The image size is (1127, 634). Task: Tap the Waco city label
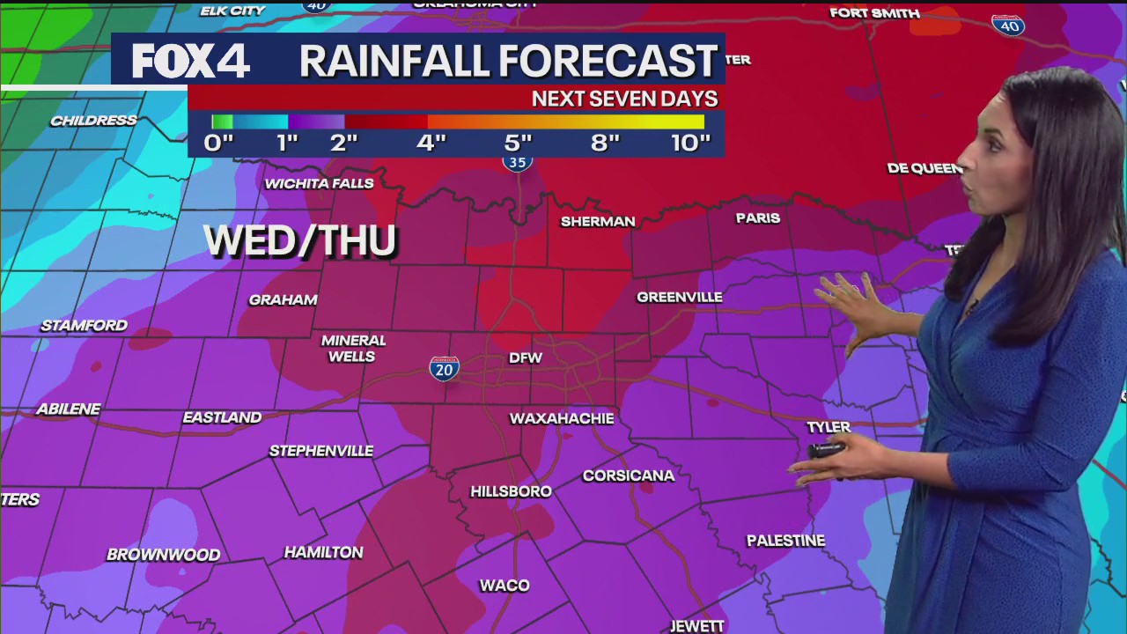[x=505, y=586]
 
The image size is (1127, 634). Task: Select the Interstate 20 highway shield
[x=444, y=368]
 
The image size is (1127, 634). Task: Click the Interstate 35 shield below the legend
[x=518, y=161]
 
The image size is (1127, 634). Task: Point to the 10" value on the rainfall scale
[x=690, y=143]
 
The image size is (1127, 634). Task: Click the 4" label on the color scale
[x=431, y=143]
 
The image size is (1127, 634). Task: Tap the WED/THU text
[x=300, y=241]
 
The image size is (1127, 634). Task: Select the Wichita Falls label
[x=320, y=184]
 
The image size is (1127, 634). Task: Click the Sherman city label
[x=598, y=222]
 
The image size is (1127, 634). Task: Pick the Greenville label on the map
[x=679, y=298]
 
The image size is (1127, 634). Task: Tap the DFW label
[x=526, y=358]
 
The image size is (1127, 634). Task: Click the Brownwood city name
[x=163, y=555]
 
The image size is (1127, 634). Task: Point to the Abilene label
[x=69, y=409]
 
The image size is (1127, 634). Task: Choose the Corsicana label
[x=629, y=476]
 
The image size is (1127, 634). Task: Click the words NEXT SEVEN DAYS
[x=624, y=99]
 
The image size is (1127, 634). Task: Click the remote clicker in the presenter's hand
[x=827, y=450]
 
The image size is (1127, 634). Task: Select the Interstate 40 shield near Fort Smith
[x=1008, y=25]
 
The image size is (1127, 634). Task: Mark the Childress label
[x=93, y=121]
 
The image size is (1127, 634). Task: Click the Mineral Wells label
[x=353, y=349]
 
